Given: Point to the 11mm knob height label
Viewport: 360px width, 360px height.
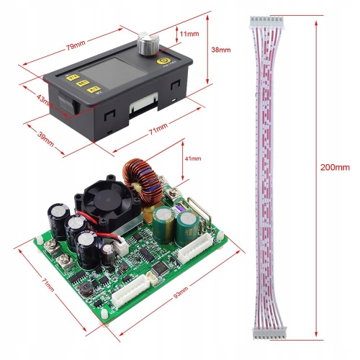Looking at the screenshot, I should [189, 33].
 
